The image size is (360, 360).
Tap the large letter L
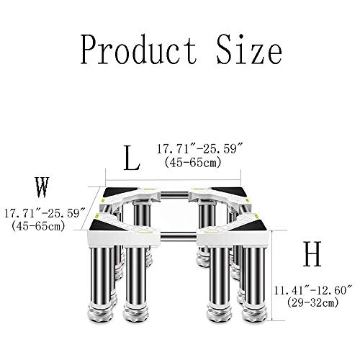pos(130,156)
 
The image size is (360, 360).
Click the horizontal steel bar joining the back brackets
pos(173,194)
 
